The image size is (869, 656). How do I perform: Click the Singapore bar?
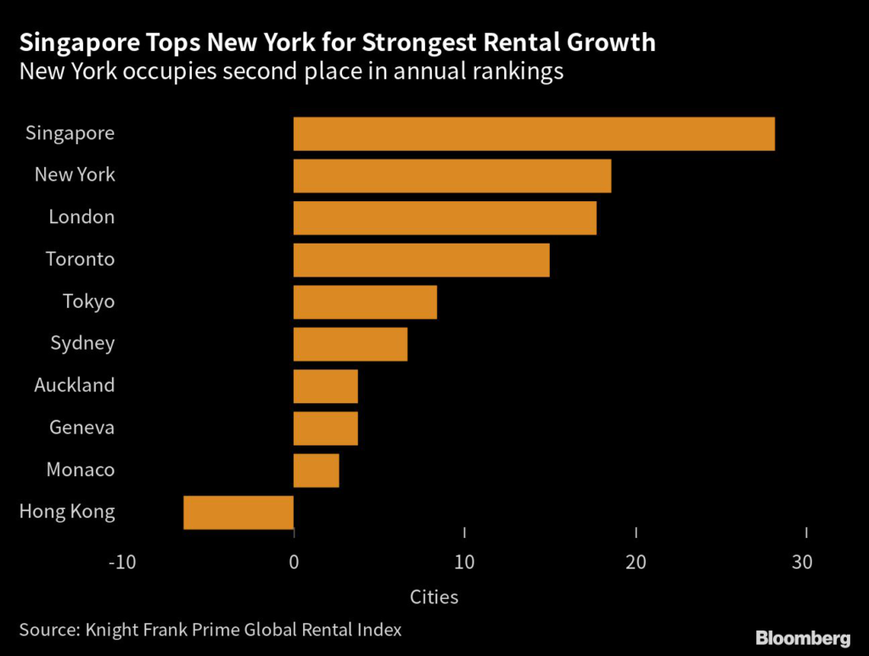coord(534,134)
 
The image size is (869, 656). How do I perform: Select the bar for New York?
coord(451,176)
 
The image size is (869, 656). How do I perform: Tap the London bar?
coord(445,218)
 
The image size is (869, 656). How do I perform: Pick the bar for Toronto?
coord(421,260)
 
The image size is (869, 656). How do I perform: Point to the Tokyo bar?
coord(365,302)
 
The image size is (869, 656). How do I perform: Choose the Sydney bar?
coord(350,344)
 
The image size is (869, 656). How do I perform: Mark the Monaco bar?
coord(316,470)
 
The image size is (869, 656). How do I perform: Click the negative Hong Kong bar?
coord(238,513)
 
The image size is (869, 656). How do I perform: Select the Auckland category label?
coord(74,385)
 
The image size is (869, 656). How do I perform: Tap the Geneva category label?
coord(81,427)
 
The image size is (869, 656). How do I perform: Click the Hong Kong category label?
coord(66,512)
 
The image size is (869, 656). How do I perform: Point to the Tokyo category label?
coord(88,301)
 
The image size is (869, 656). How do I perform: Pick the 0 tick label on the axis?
coord(294,562)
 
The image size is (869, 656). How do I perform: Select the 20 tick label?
coord(636,562)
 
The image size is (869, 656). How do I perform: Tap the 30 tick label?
coord(802,562)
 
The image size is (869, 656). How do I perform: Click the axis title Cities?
coord(434,597)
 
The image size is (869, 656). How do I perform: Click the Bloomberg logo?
coord(803,637)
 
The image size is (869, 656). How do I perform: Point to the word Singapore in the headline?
coord(75,42)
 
